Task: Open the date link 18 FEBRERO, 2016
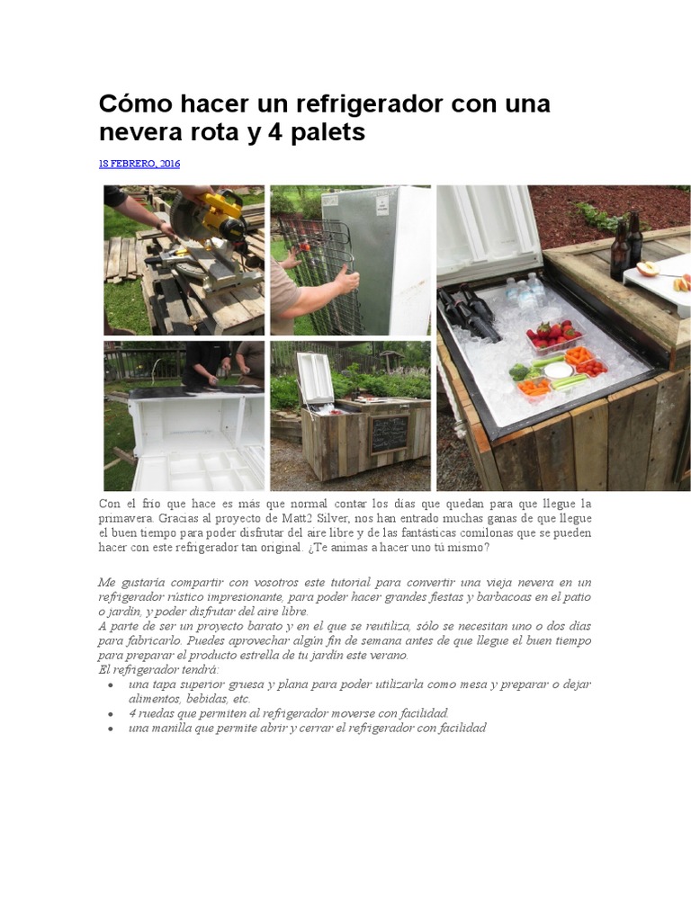tap(139, 164)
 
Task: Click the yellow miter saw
tap(217, 223)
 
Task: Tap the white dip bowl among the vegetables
tap(559, 370)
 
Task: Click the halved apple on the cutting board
tap(647, 268)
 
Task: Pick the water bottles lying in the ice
tap(524, 290)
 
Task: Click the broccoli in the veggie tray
tap(519, 370)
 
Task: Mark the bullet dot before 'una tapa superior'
tap(110, 685)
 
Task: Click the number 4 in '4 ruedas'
tap(132, 713)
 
